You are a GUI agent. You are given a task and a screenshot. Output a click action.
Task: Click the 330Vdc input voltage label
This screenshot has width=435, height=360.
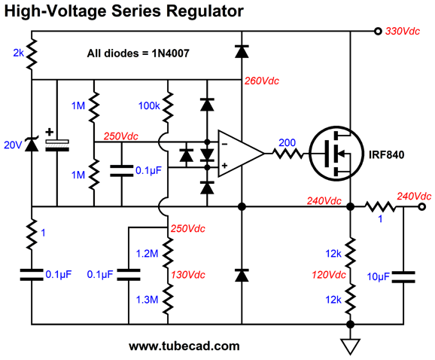[x=403, y=31]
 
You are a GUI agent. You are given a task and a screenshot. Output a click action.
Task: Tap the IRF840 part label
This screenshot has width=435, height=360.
[x=386, y=154]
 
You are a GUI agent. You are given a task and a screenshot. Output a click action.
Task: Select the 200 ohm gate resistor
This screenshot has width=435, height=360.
[x=287, y=154]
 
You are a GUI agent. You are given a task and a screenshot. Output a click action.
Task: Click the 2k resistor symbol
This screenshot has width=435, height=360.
[x=32, y=54]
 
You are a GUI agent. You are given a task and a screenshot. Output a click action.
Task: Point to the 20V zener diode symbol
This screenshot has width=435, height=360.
[x=32, y=144]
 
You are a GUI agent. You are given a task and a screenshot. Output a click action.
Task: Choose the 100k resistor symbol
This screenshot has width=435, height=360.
[x=168, y=108]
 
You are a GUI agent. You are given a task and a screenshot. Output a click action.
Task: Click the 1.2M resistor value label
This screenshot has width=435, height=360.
[x=147, y=253]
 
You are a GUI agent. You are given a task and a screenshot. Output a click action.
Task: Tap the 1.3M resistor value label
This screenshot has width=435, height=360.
[x=147, y=300]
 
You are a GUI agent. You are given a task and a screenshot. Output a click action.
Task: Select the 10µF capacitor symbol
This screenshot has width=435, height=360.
[x=403, y=277]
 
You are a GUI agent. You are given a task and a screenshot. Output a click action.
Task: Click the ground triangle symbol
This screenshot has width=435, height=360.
[x=351, y=346]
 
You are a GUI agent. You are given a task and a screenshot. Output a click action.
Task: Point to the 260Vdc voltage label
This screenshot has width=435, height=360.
[x=262, y=81]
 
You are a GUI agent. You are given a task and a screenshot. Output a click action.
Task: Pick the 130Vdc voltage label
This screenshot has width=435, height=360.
[x=188, y=275]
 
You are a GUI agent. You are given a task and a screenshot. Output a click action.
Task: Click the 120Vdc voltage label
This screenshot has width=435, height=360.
[x=329, y=275]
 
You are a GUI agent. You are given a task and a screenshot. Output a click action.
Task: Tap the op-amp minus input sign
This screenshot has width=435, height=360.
[x=225, y=144]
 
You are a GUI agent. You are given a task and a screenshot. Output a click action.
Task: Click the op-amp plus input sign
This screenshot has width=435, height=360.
[x=224, y=166]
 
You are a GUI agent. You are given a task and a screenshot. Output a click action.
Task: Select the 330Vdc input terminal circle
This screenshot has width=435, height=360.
[x=378, y=31]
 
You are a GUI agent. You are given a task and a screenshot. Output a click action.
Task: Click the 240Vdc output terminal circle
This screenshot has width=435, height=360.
[x=422, y=207]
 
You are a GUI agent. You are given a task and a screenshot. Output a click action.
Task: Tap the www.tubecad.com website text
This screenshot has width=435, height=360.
[x=184, y=346]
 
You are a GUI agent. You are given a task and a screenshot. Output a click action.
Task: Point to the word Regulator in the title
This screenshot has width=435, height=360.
[x=205, y=11]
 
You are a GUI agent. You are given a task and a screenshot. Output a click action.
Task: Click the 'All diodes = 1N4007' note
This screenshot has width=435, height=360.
[x=138, y=53]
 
